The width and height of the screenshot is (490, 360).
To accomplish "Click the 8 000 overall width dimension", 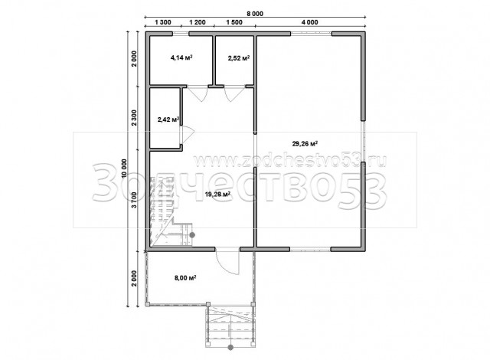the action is coord(255,14).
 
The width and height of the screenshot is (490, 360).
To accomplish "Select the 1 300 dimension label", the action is coord(163,22).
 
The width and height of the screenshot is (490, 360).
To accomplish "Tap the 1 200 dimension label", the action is coord(198,22).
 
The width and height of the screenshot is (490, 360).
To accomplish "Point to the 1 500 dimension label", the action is coord(234,22).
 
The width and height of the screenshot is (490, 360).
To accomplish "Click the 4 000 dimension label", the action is coord(310,22).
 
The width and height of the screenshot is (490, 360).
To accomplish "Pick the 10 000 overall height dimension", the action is coord(125,169).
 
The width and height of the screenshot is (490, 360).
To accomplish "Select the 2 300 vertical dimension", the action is coord(134,117).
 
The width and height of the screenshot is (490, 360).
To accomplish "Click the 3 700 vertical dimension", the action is coord(134,201).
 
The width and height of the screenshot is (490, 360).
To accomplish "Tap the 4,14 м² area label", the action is coord(181,57).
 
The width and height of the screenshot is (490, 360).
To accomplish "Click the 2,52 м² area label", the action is coord(239,57).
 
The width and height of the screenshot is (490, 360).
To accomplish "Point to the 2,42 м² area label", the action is coord(168,119).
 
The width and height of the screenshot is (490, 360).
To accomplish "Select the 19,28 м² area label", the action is coord(217,194).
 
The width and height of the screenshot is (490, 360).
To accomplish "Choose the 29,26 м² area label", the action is coord(305,144).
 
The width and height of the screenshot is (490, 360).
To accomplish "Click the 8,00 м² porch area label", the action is coord(185,277).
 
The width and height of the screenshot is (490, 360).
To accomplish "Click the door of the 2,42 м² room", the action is coord(187,131).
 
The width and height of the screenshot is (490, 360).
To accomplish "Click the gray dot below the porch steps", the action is coord(230,347).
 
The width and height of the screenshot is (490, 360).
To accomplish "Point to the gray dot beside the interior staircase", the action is coord(192,234).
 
